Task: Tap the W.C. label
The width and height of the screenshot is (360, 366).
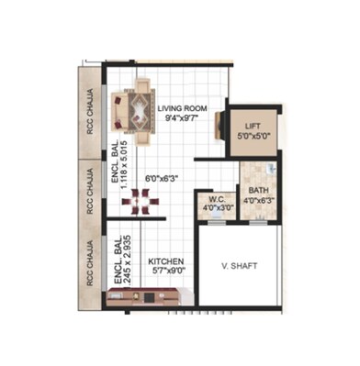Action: tap(217, 198)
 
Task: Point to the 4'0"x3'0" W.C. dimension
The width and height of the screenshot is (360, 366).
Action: tap(217, 207)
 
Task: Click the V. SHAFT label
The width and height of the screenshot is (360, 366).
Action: tap(241, 266)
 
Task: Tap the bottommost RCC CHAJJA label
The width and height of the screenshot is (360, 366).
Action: tap(90, 263)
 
